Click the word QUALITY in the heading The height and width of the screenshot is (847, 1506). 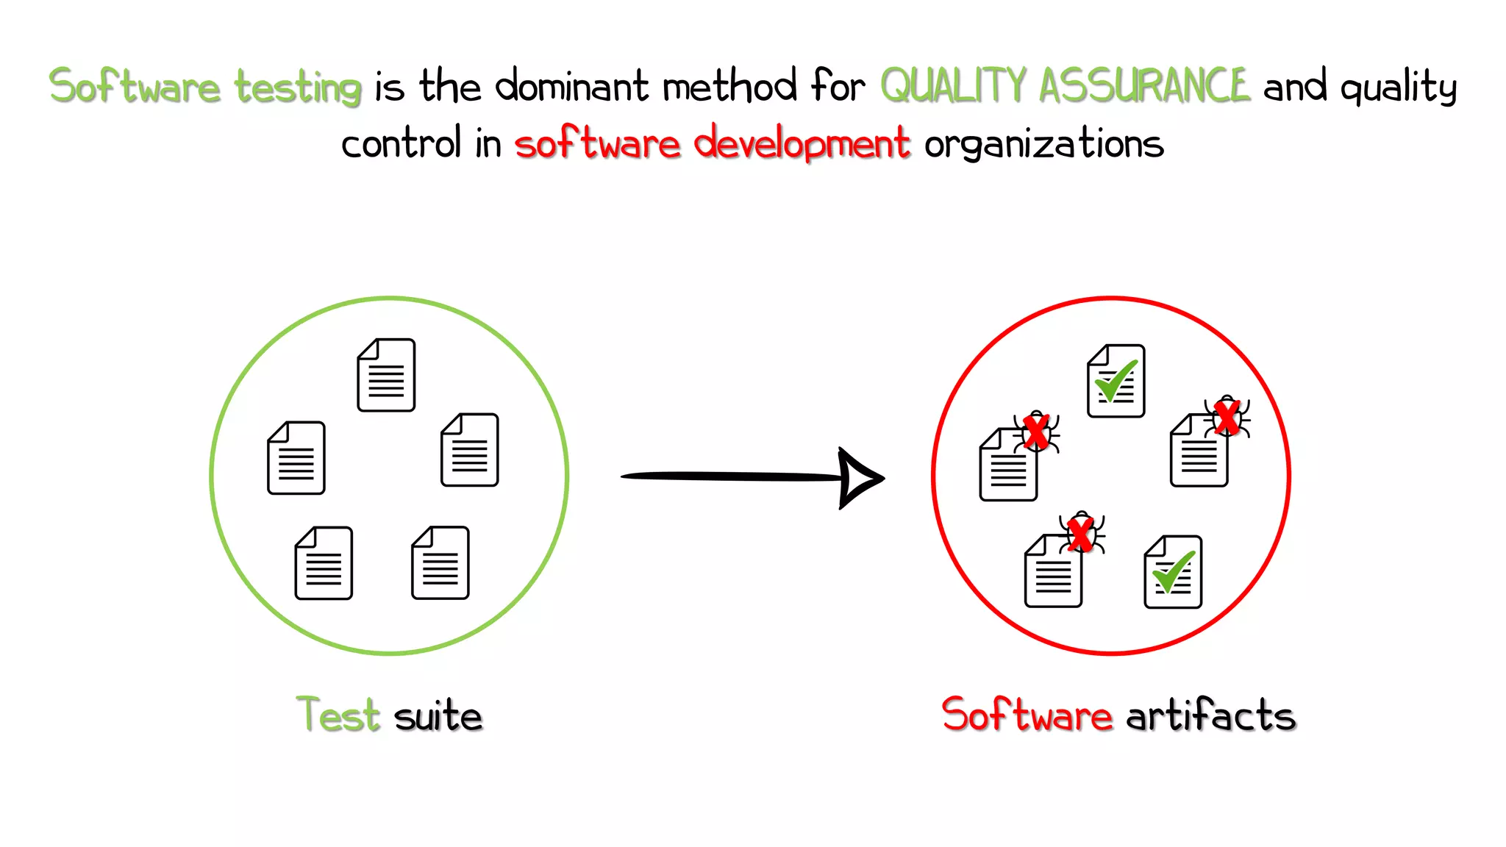[953, 85]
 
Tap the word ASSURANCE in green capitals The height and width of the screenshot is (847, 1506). [1144, 85]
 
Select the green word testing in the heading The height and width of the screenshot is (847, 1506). [298, 88]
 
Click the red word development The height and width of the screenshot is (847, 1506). [802, 143]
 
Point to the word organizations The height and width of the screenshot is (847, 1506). [1044, 144]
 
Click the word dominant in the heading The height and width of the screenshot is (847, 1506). [572, 86]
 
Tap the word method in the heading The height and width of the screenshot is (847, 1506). [729, 86]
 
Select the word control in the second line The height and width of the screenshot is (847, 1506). [402, 143]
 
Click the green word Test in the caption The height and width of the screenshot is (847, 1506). [338, 715]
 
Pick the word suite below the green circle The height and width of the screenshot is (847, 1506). [438, 715]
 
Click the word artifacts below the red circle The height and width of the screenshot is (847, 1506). [1210, 715]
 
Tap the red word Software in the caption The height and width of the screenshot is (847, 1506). [1027, 715]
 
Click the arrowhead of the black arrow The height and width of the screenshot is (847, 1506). [859, 478]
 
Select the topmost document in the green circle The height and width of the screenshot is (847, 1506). [386, 375]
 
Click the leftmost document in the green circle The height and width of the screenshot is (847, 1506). [296, 457]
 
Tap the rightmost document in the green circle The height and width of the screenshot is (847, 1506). [470, 450]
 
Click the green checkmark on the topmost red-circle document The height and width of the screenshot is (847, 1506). [1116, 380]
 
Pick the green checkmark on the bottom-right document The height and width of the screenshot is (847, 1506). [1174, 572]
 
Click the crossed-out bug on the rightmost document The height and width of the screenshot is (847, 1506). [1227, 418]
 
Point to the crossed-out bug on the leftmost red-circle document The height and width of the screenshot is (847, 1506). [1036, 432]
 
